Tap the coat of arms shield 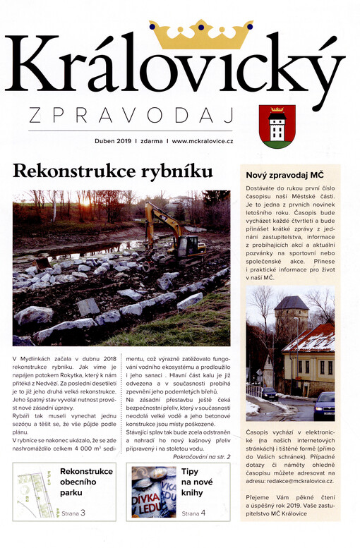click(277, 126)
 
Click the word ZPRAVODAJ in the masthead click(120, 114)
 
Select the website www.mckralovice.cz click(203, 141)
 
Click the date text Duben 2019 click(113, 141)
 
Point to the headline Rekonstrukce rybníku click(113, 171)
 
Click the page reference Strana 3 click(73, 513)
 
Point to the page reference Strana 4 click(193, 513)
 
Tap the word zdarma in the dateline click(151, 141)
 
